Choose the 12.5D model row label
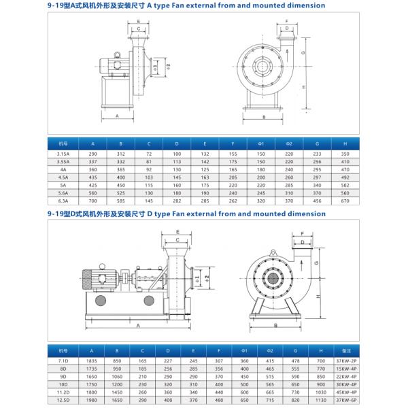pyautogui.click(x=63, y=400)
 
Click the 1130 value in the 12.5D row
pyautogui.click(x=345, y=400)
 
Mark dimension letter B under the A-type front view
pyautogui.click(x=263, y=117)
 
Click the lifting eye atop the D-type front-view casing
pyautogui.click(x=273, y=249)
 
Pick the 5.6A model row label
pyautogui.click(x=63, y=192)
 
